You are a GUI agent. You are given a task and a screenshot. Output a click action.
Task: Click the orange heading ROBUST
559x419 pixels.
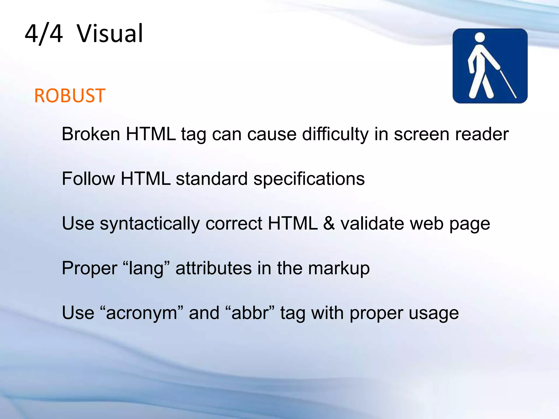70,96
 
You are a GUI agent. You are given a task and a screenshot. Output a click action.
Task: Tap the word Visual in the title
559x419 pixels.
110,34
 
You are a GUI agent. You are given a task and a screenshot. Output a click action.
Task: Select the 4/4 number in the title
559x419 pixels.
44,34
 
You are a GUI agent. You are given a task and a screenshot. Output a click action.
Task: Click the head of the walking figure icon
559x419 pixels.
480,37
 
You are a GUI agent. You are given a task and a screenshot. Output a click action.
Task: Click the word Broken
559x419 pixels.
91,134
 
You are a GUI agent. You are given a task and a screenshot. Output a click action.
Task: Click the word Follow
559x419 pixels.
88,179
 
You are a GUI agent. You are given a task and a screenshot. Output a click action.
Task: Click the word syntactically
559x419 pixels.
150,224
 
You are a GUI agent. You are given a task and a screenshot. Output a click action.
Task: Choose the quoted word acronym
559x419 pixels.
142,313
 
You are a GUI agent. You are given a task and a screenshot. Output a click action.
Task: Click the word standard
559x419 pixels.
212,179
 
